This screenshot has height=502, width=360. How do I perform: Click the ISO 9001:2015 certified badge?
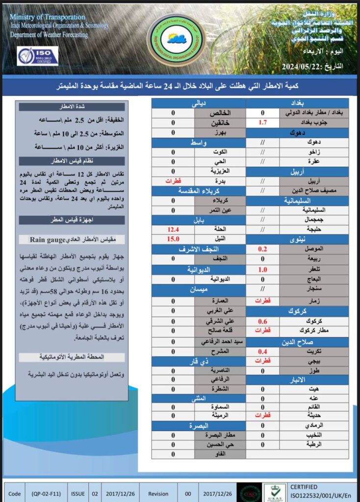tap(38, 56)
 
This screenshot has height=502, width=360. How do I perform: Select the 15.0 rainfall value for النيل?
tap(173, 239)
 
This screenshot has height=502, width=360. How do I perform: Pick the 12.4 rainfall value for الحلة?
tap(173, 229)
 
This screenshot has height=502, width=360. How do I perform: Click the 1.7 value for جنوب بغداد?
tap(262, 123)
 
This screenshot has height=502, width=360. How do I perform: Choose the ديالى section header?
tap(198, 103)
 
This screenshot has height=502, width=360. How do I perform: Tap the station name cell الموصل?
tap(314, 249)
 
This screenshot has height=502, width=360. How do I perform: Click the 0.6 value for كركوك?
tap(262, 321)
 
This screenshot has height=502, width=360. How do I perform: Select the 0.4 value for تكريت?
tap(262, 351)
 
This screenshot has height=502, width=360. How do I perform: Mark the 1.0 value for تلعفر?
tap(262, 270)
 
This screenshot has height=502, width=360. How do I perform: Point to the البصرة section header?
tap(198, 426)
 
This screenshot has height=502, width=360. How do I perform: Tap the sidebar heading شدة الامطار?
tap(72, 106)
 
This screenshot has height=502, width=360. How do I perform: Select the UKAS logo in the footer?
tap(275, 492)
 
